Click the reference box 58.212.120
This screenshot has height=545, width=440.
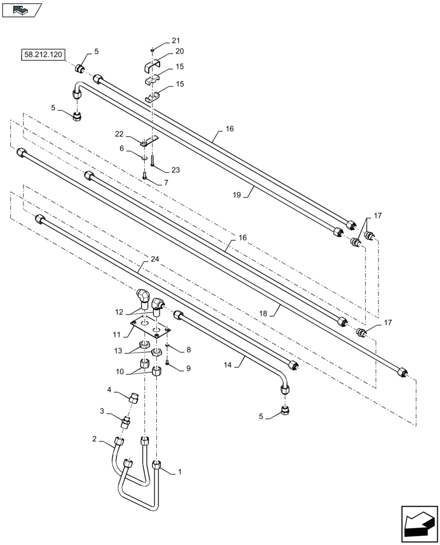point(43,55)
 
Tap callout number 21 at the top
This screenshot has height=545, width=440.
point(175,40)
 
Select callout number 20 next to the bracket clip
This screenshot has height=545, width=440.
point(179,51)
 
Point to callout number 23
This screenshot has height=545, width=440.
point(175,169)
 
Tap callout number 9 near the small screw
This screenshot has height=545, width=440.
point(188,368)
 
